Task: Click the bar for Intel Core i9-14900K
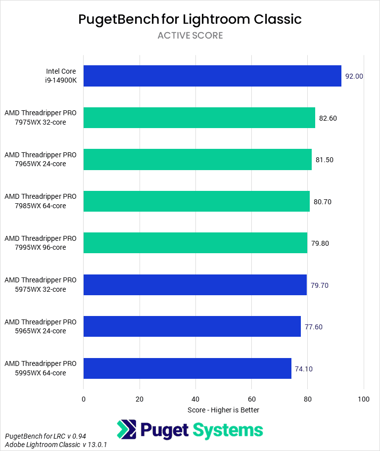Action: (x=212, y=76)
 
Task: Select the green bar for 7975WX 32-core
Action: (x=199, y=118)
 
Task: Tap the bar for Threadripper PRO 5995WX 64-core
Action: (x=187, y=368)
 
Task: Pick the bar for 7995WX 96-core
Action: (x=195, y=243)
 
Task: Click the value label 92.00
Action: (x=354, y=76)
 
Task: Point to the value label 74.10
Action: (x=304, y=368)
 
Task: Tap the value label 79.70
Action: (x=319, y=285)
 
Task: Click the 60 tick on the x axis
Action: (x=251, y=399)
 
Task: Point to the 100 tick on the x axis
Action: (x=364, y=399)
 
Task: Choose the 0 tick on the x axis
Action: (x=84, y=399)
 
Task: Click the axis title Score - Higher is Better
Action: (x=223, y=410)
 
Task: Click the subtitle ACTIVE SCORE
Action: (x=190, y=36)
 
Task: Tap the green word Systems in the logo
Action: (x=228, y=429)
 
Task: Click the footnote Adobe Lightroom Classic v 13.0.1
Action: (x=56, y=445)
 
